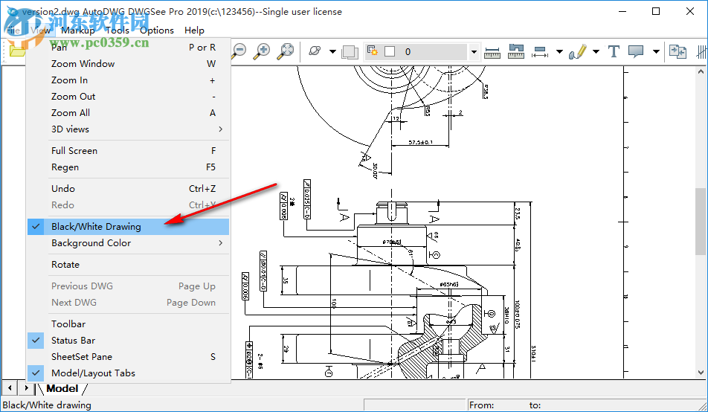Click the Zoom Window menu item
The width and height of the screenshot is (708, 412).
[83, 64]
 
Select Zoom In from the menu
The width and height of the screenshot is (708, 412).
[69, 80]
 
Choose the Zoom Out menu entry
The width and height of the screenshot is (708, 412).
[73, 97]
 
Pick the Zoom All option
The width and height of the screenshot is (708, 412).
[71, 113]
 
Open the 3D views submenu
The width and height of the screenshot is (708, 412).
[70, 129]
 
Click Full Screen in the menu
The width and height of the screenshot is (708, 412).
[74, 151]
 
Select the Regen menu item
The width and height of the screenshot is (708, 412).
[65, 167]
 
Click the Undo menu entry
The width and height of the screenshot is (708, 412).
[63, 189]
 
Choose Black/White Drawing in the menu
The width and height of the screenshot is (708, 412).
[96, 227]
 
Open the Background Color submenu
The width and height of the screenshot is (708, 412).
[91, 243]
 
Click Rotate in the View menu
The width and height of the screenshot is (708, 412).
[65, 265]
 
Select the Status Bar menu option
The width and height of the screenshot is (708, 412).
[73, 341]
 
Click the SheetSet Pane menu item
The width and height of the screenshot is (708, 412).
[82, 357]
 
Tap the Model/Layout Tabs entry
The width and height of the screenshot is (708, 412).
[93, 373]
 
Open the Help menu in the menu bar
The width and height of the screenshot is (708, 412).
[194, 30]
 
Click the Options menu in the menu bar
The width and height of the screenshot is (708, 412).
[157, 30]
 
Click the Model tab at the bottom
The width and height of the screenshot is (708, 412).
[62, 388]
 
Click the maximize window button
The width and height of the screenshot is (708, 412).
[656, 11]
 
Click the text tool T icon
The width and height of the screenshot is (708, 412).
[614, 51]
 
